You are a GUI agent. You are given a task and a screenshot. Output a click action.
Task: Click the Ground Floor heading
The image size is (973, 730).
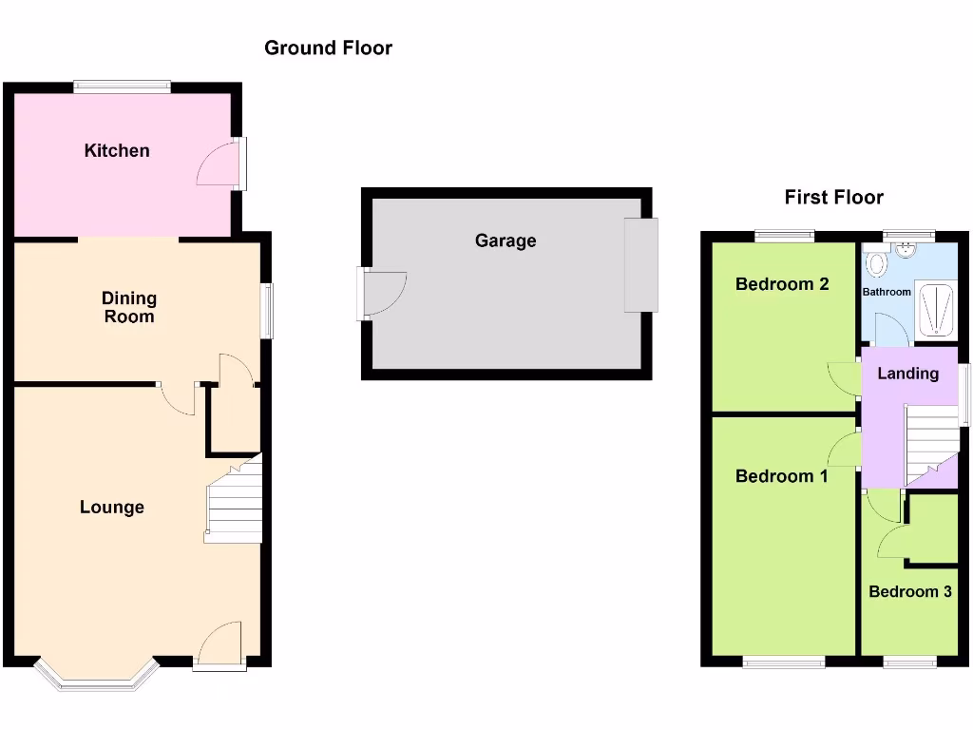coord(328,48)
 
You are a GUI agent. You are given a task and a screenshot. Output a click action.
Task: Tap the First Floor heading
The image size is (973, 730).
coord(833,198)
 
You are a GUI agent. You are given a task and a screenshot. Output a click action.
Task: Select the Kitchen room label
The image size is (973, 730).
coord(117,150)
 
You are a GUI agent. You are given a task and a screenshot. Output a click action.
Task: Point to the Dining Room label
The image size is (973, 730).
coord(129,308)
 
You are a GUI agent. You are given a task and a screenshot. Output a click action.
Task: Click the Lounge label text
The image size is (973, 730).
coord(112,508)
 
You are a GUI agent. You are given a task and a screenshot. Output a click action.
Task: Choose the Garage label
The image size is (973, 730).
coord(506,241)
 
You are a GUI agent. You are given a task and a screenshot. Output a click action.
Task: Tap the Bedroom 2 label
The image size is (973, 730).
coord(782,284)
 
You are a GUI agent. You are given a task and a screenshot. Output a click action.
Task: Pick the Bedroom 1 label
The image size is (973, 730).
coord(781,476)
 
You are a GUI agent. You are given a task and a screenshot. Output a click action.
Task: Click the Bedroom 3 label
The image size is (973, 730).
coord(910,592)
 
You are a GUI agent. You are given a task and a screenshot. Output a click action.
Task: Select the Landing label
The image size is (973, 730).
coord(907,374)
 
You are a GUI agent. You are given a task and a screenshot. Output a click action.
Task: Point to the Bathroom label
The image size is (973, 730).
coord(887,292)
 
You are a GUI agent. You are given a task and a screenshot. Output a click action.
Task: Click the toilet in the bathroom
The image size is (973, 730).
coord(876,262)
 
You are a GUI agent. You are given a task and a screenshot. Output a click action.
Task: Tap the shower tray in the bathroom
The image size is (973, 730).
coord(933,309)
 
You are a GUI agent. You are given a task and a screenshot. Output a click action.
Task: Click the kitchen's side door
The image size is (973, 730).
coord(220,163)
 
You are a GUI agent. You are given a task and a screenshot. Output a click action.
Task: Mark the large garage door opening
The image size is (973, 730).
coord(640,265)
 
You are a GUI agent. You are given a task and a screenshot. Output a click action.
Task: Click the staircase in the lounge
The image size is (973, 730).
coord(234,504)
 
